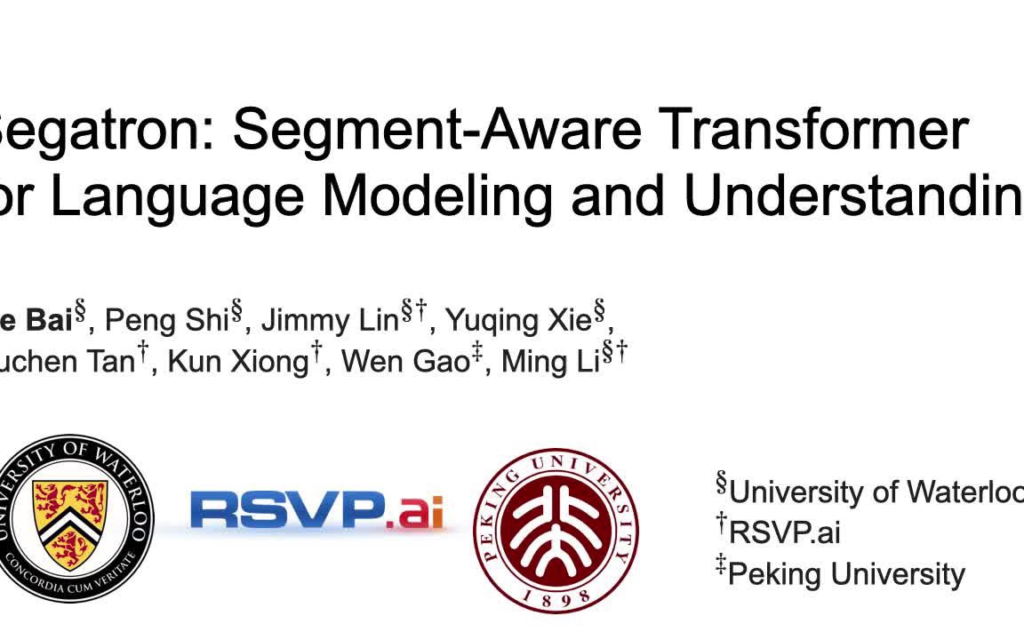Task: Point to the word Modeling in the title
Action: (439, 197)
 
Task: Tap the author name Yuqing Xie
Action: (517, 319)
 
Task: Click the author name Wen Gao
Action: (404, 362)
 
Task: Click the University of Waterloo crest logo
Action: (73, 517)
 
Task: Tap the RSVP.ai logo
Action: (316, 511)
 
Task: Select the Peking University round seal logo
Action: (555, 530)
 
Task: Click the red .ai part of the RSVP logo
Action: (415, 511)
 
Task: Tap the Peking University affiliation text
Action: (846, 574)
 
